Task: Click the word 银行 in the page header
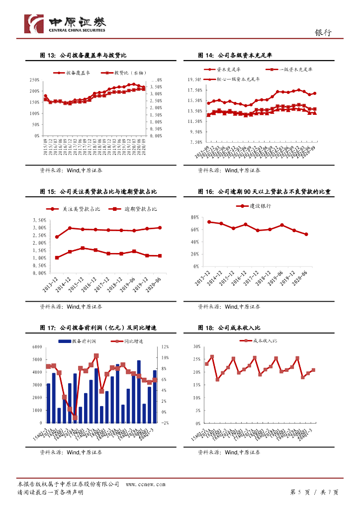click(323, 32)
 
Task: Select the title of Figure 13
click(86, 55)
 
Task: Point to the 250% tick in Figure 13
click(35, 80)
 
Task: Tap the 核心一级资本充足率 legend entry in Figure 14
click(240, 79)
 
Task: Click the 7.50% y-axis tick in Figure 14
click(194, 143)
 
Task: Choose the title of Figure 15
click(98, 191)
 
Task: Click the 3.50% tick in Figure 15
click(39, 220)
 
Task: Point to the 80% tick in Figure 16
click(194, 217)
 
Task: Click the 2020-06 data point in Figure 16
click(306, 234)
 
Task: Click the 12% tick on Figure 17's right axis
click(165, 346)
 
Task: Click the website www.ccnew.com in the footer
click(145, 484)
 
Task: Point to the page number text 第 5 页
click(300, 492)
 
